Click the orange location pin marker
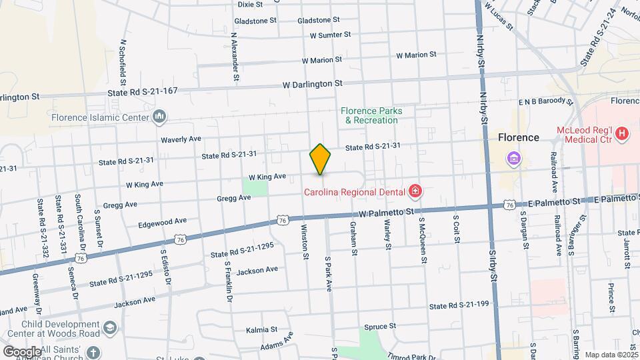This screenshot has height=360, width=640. (321, 159)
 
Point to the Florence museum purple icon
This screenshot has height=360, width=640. (514, 159)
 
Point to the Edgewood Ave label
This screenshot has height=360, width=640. (162, 221)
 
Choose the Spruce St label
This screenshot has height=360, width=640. (380, 327)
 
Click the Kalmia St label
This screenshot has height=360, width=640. (261, 329)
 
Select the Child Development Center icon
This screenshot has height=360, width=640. (110, 327)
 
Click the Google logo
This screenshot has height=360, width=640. (22, 351)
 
